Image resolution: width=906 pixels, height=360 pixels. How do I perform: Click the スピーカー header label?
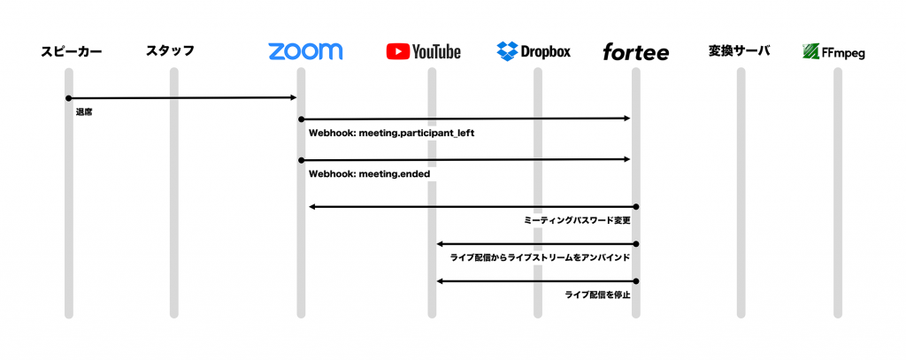pos(71,51)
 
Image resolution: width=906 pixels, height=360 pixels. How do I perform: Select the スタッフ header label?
pos(170,50)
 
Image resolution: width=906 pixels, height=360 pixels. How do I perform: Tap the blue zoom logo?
pos(305,50)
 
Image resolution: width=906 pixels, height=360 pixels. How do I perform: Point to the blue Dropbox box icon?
pos(507,51)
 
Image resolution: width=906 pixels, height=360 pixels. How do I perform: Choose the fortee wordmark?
pos(635,52)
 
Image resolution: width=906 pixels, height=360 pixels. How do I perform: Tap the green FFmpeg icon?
pos(811,52)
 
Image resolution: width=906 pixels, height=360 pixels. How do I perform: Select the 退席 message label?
pos(84,112)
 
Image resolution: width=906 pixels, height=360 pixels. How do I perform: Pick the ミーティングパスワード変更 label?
pos(575,221)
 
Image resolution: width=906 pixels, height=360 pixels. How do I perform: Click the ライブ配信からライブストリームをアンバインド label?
pos(540,258)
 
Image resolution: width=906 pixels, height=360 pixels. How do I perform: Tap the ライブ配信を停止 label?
pos(597,295)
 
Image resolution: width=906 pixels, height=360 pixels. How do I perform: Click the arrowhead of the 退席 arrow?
pos(294,97)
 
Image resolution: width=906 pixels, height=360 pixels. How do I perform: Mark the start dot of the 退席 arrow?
pos(69,97)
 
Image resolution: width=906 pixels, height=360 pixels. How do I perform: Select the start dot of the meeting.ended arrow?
pos(301,159)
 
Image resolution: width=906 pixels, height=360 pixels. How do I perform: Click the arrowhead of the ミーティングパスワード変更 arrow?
pos(311,206)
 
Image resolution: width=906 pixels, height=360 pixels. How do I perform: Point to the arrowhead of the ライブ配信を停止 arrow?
pos(440,281)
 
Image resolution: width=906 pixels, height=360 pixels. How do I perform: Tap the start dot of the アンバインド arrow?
pos(636,244)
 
